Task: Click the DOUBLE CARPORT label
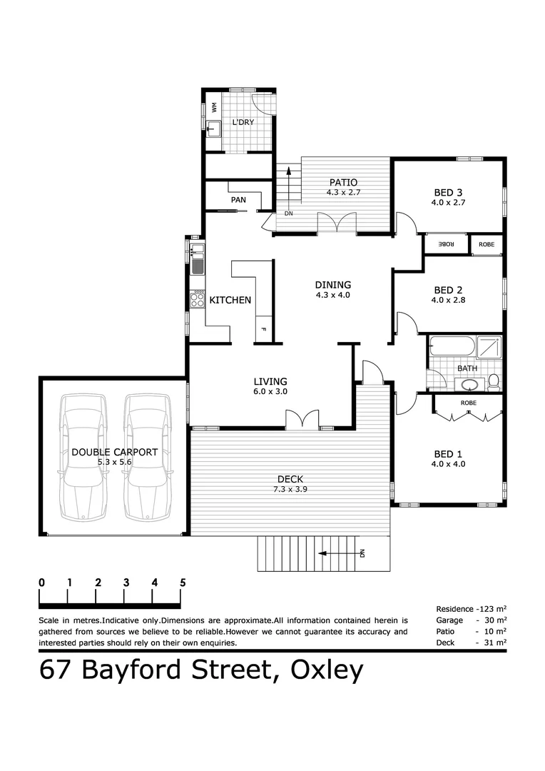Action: (x=114, y=452)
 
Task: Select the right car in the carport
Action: (x=147, y=457)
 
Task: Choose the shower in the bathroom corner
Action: (x=489, y=348)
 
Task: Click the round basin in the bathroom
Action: (x=469, y=385)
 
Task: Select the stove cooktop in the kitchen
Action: (x=197, y=300)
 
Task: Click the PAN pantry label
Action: (x=238, y=200)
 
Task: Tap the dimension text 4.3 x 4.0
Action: (x=332, y=295)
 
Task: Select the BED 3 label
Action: (x=449, y=192)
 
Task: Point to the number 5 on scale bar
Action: (x=183, y=583)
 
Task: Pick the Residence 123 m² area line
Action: (x=471, y=609)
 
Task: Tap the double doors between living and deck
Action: (x=302, y=420)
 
